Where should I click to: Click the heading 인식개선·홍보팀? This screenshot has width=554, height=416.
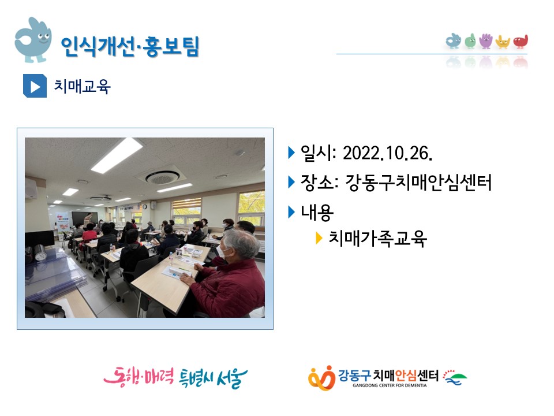(x=130, y=46)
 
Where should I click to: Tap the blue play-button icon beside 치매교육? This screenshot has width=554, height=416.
(x=35, y=86)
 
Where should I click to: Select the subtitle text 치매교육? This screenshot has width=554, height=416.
(x=82, y=86)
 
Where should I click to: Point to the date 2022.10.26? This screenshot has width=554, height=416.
(x=388, y=154)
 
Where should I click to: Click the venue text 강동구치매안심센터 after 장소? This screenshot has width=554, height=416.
(x=418, y=183)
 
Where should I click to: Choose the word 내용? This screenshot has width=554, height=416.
(x=317, y=212)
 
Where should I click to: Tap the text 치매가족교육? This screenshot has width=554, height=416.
(x=377, y=239)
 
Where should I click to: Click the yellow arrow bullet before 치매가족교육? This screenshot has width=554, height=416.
(x=319, y=239)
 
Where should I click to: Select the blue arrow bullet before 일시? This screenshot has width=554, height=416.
(x=291, y=153)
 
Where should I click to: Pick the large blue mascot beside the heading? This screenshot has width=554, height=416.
(x=32, y=40)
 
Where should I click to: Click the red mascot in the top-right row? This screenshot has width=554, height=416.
(x=521, y=42)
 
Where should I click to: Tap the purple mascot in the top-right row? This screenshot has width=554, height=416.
(x=486, y=41)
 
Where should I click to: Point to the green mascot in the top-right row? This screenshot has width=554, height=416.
(x=470, y=41)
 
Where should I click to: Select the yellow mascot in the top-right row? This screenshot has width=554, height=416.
(x=503, y=42)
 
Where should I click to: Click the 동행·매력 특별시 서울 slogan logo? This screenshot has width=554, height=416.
(x=175, y=377)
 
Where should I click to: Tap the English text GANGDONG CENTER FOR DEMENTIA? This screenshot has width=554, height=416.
(x=390, y=385)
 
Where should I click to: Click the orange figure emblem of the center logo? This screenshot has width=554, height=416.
(x=321, y=378)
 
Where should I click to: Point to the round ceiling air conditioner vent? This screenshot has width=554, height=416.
(x=162, y=177)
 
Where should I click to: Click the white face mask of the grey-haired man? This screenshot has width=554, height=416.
(x=222, y=252)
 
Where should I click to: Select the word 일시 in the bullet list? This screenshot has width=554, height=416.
(x=317, y=154)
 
